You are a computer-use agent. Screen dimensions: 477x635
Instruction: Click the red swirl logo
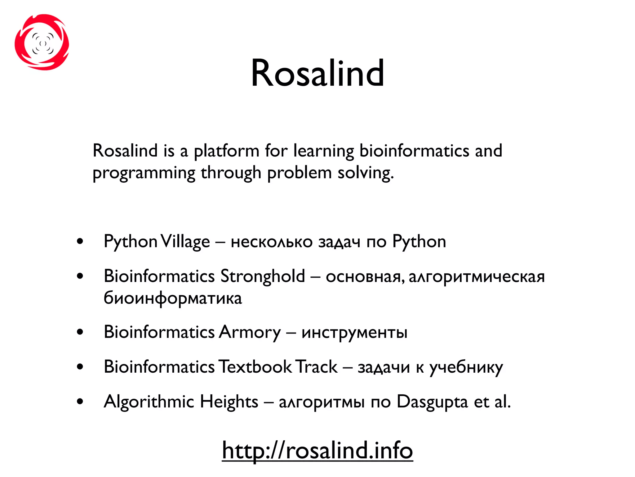pyautogui.click(x=42, y=42)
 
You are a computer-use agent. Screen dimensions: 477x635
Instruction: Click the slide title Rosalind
pyautogui.click(x=317, y=73)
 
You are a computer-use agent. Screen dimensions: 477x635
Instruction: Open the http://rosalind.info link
pyautogui.click(x=317, y=450)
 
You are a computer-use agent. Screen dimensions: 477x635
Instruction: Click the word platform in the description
pyautogui.click(x=226, y=151)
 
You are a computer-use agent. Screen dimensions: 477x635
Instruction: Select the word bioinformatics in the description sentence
pyautogui.click(x=414, y=151)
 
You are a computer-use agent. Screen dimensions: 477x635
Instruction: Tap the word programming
pyautogui.click(x=144, y=173)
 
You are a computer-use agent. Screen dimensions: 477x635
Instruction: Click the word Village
pyautogui.click(x=185, y=242)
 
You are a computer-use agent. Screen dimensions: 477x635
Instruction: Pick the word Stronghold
pyautogui.click(x=263, y=276)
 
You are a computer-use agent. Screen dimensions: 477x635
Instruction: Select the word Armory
pyautogui.click(x=250, y=332)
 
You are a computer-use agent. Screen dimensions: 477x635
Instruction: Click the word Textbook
pyautogui.click(x=255, y=367)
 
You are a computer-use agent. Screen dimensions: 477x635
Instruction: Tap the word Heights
pyautogui.click(x=229, y=402)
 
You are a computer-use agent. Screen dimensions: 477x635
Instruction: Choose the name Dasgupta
pyautogui.click(x=432, y=402)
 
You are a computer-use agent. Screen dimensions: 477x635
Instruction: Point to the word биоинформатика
pyautogui.click(x=173, y=298)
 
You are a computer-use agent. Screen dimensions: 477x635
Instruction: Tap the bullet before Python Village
pyautogui.click(x=80, y=241)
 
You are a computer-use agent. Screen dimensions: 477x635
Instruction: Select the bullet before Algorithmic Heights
pyautogui.click(x=80, y=402)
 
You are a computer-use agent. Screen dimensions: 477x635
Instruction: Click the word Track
pyautogui.click(x=316, y=367)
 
